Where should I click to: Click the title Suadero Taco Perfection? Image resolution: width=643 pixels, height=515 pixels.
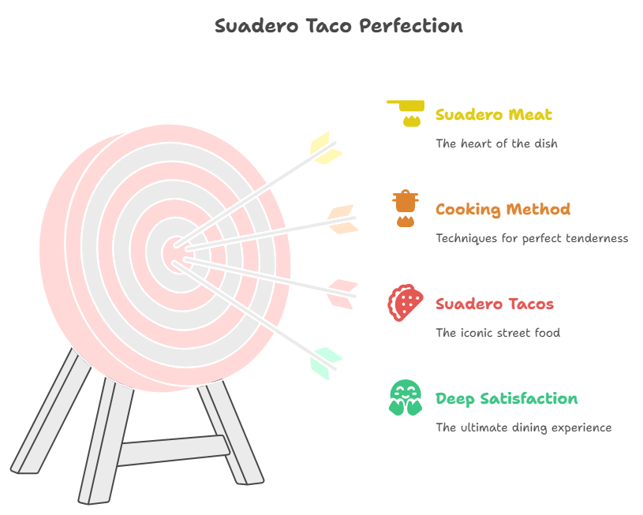338,26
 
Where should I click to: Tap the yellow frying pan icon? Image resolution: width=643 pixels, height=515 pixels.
406,113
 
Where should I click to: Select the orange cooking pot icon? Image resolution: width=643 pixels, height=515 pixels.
406,208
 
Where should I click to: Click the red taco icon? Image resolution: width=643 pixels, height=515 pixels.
406,303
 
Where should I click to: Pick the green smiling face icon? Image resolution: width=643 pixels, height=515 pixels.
406,397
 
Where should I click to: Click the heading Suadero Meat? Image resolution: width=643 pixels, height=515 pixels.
494,114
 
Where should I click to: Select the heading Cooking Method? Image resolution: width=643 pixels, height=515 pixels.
503,210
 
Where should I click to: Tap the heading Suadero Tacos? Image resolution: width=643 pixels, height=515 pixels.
495,304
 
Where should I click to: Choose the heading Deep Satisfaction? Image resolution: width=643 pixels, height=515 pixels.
507,399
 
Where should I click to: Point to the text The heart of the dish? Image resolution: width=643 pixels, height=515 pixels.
496,144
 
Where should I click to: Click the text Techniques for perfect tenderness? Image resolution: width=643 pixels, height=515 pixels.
532,238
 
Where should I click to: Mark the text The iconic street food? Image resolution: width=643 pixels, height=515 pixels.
498,333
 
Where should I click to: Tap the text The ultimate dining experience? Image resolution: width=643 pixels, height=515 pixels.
524,427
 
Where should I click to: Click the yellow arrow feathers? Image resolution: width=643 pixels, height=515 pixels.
326,148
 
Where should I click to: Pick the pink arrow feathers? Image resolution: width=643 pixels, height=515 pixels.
342,294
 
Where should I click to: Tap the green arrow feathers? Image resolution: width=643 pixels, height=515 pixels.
326,364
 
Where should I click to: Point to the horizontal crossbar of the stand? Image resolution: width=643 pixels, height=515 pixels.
173,450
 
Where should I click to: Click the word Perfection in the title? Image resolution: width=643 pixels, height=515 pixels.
411,26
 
